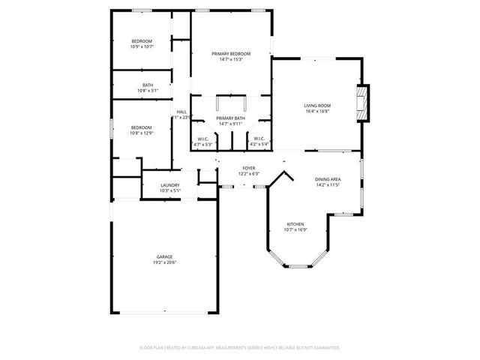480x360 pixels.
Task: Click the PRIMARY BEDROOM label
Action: coord(230,53)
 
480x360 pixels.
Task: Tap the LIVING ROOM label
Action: coord(316,106)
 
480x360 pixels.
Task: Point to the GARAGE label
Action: coord(165,256)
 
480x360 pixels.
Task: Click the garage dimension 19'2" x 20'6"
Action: coord(165,262)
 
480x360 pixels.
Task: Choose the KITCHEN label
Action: coord(295,224)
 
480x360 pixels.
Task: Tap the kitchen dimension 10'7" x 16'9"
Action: coord(295,230)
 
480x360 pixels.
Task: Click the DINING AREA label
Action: coord(328,179)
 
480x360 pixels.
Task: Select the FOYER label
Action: coord(248,168)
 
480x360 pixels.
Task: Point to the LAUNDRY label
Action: coord(169,185)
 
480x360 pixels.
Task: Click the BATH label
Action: coord(148,85)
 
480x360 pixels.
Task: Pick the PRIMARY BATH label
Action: coord(230,118)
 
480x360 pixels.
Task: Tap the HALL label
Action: coord(181,112)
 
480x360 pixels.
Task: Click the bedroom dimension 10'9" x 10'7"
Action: coord(142,47)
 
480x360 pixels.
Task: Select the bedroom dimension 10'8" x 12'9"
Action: coord(141,133)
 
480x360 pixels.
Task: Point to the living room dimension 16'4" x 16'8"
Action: coord(316,112)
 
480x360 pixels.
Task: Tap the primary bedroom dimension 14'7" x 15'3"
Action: coord(230,59)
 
